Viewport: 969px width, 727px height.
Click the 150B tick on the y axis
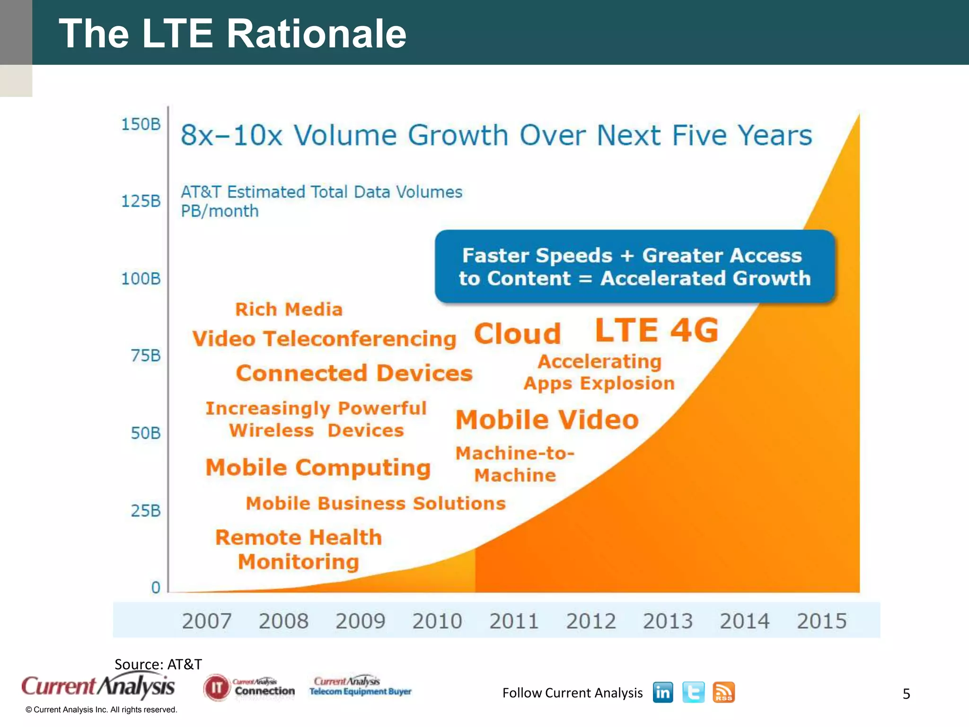141,124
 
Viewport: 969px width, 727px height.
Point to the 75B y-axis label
146,355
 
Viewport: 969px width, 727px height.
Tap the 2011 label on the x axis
514,621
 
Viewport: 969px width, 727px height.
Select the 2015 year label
821,621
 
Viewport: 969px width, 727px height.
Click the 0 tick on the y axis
156,587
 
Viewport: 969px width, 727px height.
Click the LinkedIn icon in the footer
663,692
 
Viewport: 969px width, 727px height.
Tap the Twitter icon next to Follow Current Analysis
693,692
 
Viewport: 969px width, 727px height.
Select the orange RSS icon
723,692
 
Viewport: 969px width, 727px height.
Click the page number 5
906,694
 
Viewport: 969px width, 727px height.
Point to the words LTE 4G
656,330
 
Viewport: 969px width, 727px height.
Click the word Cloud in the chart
517,334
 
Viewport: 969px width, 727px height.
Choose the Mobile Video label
547,420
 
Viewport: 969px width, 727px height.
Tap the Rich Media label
289,310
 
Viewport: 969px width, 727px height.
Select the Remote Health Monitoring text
298,550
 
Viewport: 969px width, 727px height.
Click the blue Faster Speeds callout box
634,266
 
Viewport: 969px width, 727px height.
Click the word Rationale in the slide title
316,34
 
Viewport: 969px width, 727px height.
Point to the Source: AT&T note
158,664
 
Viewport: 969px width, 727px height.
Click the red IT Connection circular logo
217,688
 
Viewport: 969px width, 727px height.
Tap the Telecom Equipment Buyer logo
360,686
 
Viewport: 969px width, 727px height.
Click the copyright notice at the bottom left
101,709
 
